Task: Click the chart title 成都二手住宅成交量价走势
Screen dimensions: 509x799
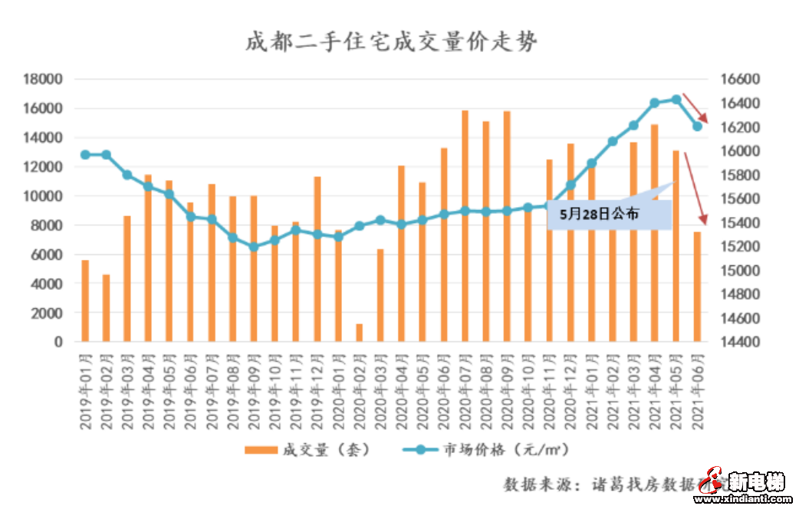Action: click(391, 41)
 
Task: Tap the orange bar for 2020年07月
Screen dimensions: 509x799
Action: click(465, 226)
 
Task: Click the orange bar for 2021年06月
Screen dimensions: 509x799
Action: click(697, 287)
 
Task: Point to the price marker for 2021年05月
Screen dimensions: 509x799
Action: click(676, 99)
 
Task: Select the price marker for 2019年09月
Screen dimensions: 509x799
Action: click(254, 247)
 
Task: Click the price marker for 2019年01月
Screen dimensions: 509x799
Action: click(85, 155)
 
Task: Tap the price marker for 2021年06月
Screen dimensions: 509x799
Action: click(697, 126)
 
